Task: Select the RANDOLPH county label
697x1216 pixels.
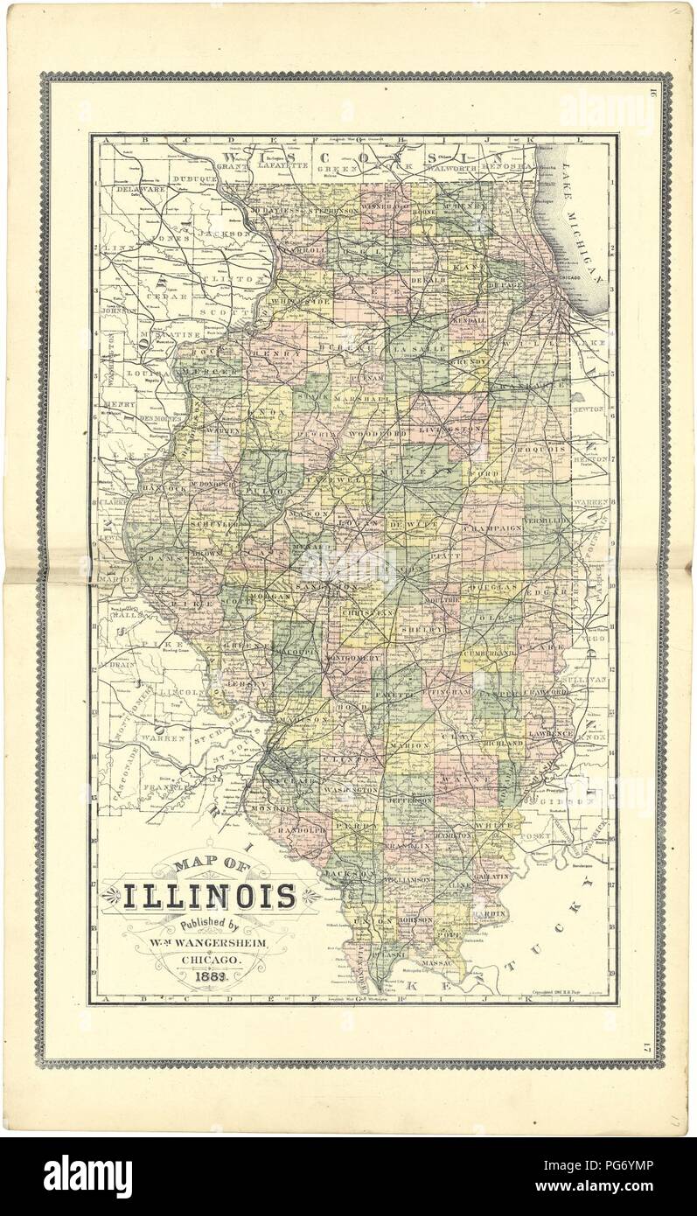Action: click(301, 828)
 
